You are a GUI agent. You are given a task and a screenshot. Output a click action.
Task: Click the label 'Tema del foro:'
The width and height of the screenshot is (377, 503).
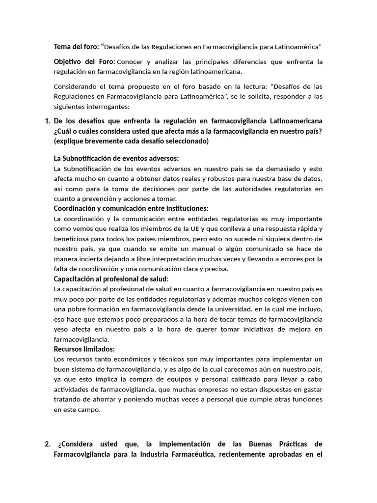pos(76,47)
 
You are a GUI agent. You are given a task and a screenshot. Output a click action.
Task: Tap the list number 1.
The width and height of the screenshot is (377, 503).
pos(47,121)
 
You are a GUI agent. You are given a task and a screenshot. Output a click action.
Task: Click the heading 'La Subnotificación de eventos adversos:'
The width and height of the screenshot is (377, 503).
pos(116,158)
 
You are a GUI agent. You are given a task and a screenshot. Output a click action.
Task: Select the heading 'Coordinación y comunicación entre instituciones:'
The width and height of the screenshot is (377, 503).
pos(131,208)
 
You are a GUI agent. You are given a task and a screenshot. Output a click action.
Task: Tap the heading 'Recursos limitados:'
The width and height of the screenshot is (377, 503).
pos(84,349)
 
